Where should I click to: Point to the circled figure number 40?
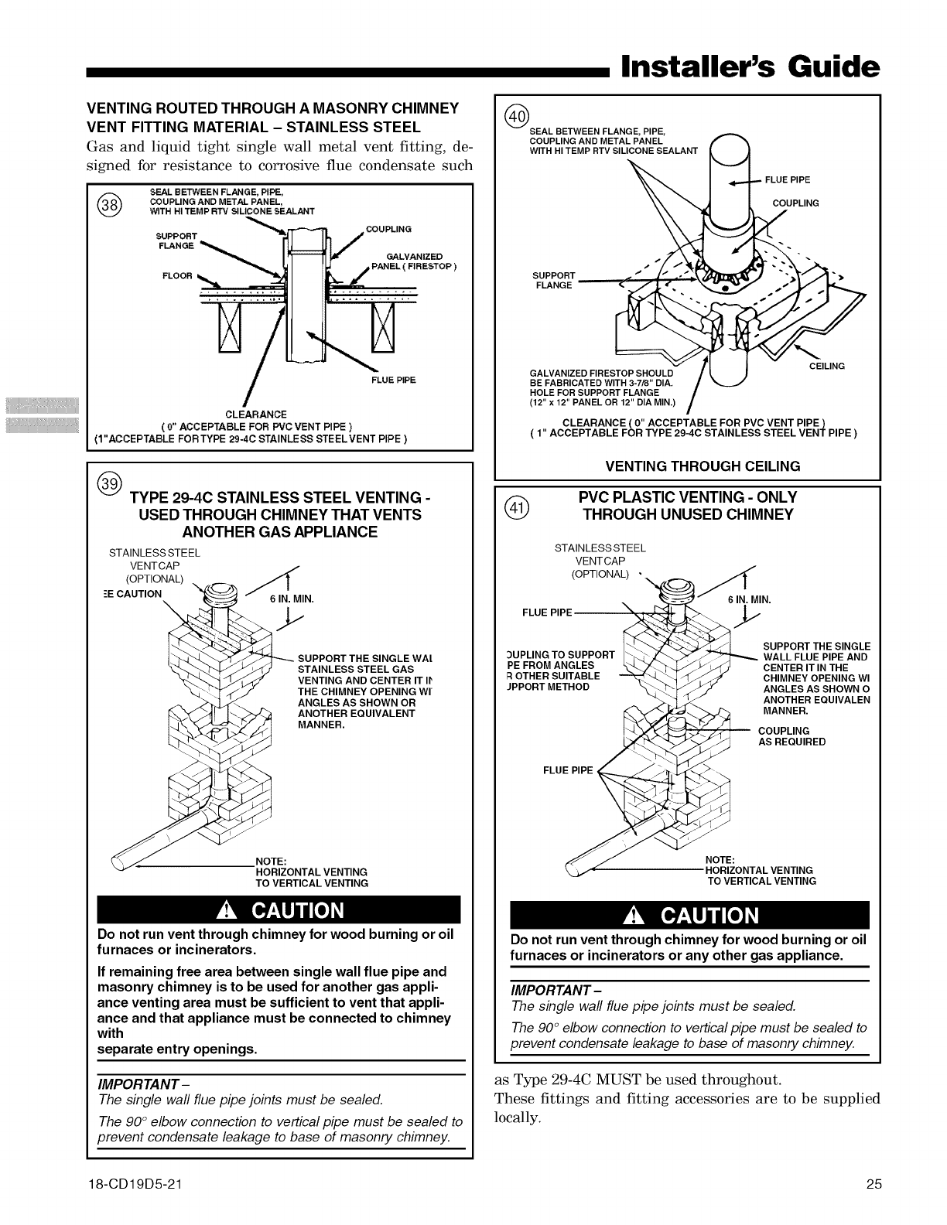(516, 117)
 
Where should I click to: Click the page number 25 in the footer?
(874, 1184)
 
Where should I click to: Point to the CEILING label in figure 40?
(827, 366)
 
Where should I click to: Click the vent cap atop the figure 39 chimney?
(221, 596)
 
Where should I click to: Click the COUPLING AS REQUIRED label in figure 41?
(791, 736)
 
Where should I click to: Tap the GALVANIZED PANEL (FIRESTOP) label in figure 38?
(407, 262)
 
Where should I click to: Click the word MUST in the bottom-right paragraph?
(628, 1079)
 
